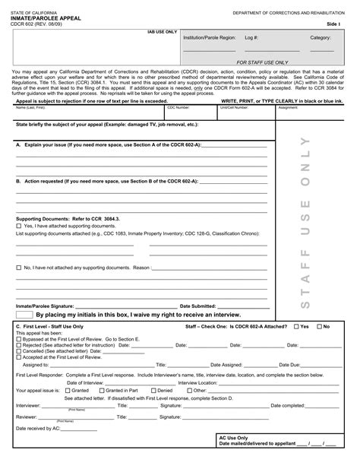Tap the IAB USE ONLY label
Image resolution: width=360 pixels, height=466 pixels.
click(x=161, y=33)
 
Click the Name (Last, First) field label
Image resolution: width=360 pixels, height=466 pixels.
click(x=31, y=108)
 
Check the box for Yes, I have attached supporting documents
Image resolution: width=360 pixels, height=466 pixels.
click(x=19, y=226)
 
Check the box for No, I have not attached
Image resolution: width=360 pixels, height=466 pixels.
click(x=19, y=268)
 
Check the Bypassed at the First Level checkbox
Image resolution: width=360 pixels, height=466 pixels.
click(x=19, y=340)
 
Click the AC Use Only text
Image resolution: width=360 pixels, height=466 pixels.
click(x=234, y=438)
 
